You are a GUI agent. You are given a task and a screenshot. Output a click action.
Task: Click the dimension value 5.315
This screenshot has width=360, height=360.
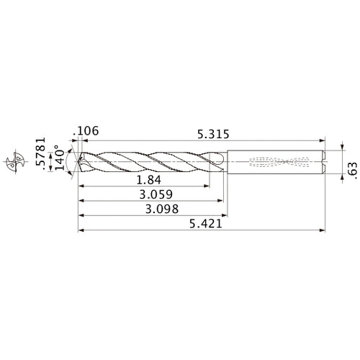click(213, 134)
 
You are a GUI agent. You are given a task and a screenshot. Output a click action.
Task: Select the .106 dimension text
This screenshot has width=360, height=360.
click(86, 131)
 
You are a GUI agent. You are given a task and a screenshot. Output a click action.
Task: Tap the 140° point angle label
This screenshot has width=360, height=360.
click(60, 157)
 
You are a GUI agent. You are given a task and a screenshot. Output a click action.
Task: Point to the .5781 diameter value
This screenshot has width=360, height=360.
click(40, 153)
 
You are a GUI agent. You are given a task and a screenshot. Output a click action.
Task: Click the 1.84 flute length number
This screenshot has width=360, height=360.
click(149, 180)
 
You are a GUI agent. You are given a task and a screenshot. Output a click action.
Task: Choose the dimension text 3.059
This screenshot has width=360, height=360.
click(156, 194)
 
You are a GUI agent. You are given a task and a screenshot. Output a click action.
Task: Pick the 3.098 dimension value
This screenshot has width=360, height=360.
click(162, 209)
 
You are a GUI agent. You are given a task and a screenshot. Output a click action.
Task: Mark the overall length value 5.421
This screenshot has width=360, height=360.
click(206, 224)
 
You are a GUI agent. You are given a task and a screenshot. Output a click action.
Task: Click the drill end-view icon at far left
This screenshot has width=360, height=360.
click(15, 161)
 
